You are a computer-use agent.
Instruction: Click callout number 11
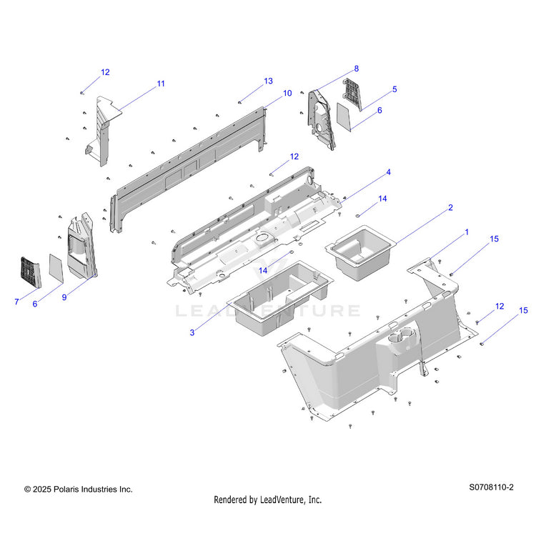[161, 84]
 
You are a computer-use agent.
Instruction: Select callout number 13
[268, 81]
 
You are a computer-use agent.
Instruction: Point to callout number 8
[356, 69]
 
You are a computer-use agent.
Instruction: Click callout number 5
[394, 89]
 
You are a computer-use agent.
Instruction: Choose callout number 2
[450, 208]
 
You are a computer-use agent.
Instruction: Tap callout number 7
[16, 302]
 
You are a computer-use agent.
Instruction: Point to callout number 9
[64, 297]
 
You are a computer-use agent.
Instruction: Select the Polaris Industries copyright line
[78, 490]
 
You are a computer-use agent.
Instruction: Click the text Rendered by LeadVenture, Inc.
[268, 500]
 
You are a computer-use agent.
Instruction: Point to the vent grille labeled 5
[352, 94]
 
